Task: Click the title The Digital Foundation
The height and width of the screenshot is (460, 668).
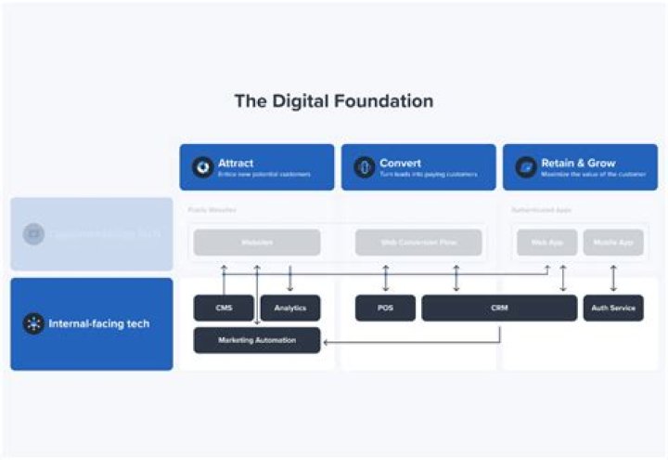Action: (333, 101)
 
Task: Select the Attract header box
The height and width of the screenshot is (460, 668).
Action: (257, 167)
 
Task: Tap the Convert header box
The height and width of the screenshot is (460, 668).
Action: (418, 167)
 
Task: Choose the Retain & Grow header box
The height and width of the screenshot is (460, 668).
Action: (580, 167)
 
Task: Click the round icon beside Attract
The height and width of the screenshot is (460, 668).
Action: (202, 167)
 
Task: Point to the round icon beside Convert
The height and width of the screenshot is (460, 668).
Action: (364, 167)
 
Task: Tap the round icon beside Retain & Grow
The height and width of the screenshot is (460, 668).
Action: (525, 167)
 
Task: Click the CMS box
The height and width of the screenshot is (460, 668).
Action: (224, 309)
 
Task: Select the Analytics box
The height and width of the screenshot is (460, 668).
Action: (290, 309)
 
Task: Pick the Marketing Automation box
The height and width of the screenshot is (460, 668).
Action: (257, 340)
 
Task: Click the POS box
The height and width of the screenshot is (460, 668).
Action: (385, 309)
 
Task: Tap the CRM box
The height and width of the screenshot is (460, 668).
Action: (499, 309)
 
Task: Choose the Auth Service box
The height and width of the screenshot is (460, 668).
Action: (613, 309)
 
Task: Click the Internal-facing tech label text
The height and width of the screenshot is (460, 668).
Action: (100, 324)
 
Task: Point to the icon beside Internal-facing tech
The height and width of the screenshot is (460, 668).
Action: (33, 324)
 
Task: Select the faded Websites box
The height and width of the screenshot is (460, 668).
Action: (257, 243)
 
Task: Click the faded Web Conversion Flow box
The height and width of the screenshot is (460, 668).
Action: (418, 243)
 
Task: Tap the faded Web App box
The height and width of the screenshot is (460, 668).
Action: (546, 243)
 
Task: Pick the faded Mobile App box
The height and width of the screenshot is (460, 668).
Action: (613, 243)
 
